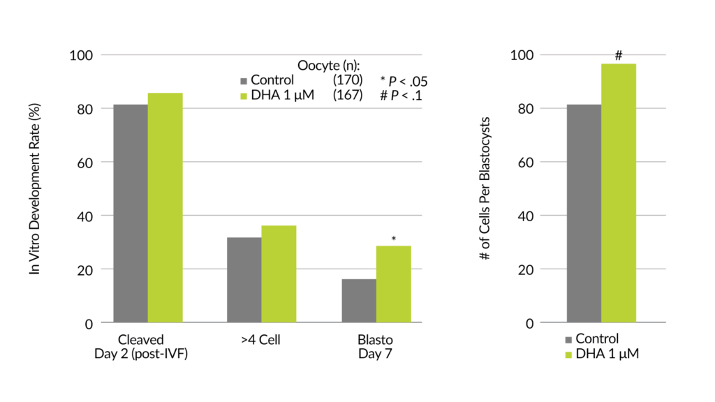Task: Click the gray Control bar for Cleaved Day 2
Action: [131, 213]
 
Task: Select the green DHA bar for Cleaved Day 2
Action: [165, 207]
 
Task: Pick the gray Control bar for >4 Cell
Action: [244, 279]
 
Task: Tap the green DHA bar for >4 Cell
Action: [279, 274]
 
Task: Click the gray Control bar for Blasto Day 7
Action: [359, 300]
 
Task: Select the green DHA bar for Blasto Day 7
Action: [393, 283]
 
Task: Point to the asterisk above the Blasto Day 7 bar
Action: [394, 239]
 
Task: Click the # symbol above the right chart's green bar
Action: [618, 54]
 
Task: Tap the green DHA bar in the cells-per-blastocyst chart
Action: [618, 193]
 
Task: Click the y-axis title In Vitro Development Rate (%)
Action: [34, 188]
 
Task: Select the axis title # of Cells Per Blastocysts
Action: [484, 188]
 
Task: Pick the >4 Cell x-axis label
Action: [261, 341]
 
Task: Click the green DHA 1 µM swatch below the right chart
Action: [569, 355]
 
